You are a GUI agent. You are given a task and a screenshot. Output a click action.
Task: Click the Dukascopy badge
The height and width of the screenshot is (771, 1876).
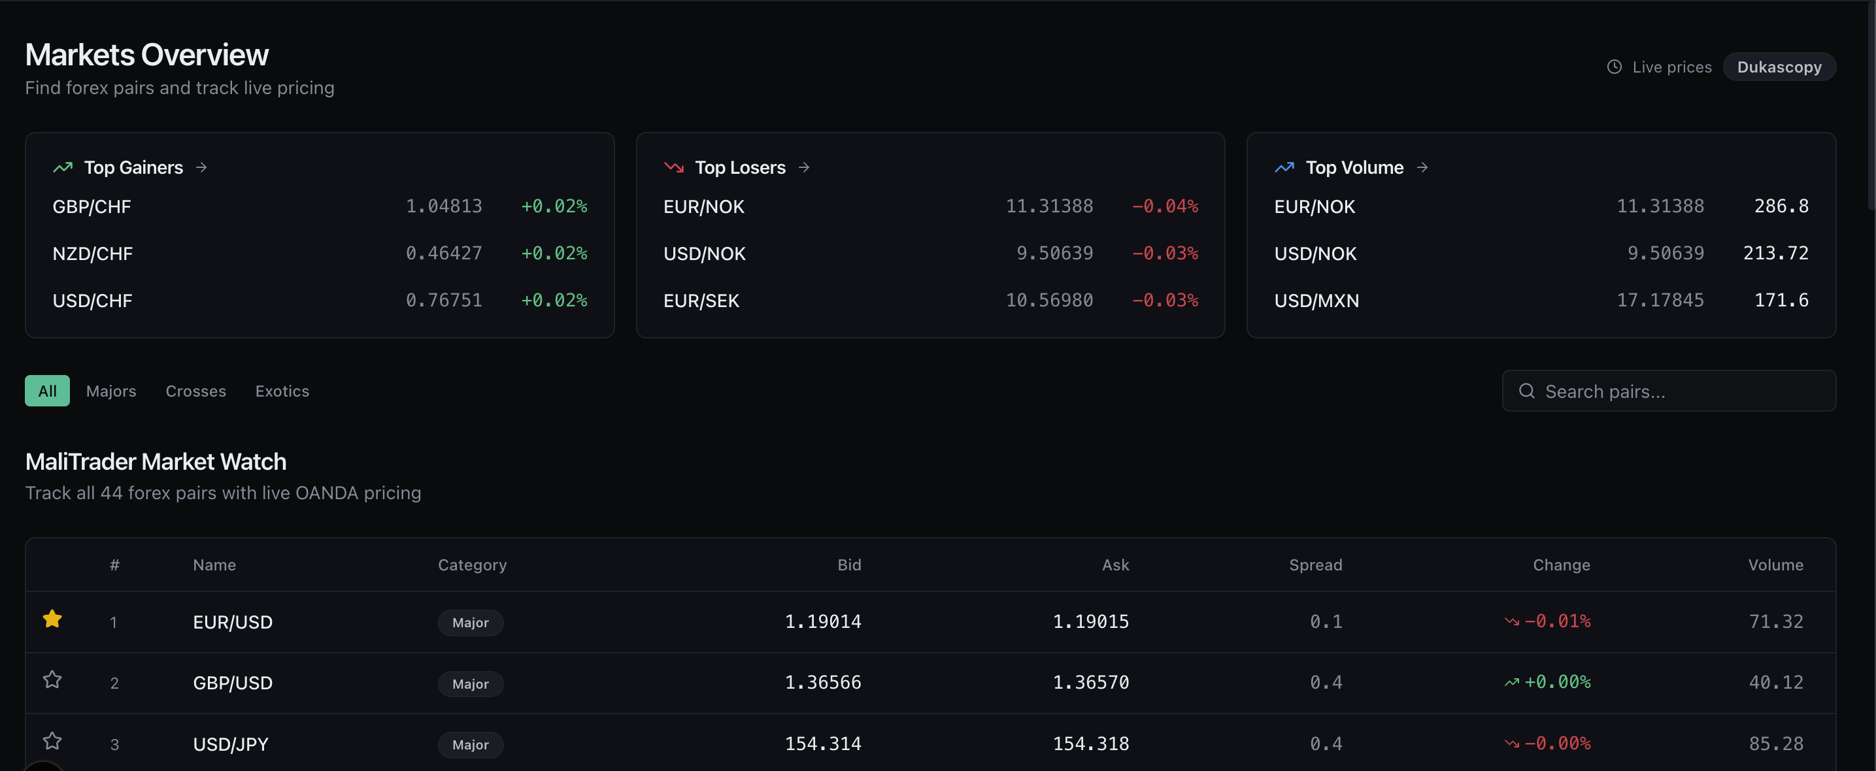[1779, 67]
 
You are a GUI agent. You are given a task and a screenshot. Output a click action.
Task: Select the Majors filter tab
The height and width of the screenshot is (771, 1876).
[110, 391]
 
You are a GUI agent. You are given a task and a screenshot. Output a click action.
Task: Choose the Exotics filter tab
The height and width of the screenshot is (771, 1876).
[282, 391]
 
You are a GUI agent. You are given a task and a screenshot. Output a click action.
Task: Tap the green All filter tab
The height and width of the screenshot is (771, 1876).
[47, 391]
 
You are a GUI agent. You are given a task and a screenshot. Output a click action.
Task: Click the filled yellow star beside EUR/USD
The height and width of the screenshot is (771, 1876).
[52, 619]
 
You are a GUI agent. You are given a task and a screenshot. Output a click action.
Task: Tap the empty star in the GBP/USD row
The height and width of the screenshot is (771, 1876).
[52, 680]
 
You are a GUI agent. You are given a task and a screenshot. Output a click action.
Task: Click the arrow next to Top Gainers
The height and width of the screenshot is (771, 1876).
[202, 167]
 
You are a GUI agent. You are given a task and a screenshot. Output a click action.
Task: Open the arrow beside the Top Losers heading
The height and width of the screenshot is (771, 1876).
[804, 167]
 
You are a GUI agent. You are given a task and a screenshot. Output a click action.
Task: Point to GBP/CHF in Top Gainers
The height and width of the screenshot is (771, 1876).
[92, 206]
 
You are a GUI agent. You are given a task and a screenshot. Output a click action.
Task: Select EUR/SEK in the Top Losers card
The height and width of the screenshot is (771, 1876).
[701, 301]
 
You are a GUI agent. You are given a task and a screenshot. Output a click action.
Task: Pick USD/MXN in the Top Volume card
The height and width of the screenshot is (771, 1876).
[1316, 301]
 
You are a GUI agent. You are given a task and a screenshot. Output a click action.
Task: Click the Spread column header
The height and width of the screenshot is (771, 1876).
[1315, 565]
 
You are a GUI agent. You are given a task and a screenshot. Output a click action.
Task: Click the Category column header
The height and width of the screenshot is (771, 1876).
[472, 565]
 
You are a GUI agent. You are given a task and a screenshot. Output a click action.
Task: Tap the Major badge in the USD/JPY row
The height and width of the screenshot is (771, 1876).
[471, 745]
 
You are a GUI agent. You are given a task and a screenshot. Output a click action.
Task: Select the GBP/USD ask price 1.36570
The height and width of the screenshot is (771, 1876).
[1090, 683]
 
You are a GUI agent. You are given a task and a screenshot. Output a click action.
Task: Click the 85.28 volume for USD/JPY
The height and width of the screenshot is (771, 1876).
[1775, 744]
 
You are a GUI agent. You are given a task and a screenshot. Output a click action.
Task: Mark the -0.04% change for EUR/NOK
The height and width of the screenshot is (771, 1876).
[1164, 206]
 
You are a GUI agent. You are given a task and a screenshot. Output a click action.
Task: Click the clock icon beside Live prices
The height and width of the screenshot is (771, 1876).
[1615, 67]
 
